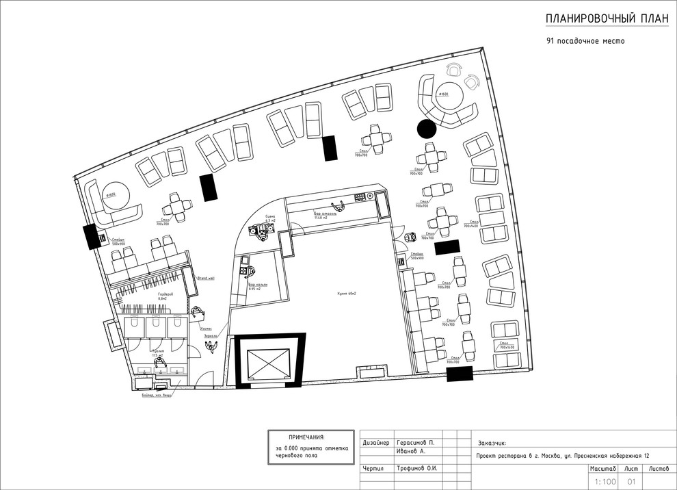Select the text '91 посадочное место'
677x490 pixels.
pos(585,41)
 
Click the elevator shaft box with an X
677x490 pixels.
pos(267,360)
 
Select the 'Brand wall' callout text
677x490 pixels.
pos(206,279)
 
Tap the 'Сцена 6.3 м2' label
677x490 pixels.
pos(269,218)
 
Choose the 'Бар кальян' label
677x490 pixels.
pos(258,286)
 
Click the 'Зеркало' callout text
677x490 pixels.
pos(211,336)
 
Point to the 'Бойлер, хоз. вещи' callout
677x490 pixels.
pos(151,396)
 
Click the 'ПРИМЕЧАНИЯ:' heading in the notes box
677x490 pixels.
pos(307,437)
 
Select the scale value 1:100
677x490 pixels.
pos(605,482)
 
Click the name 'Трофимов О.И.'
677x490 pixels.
pos(416,469)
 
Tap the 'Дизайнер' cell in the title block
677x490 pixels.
pos(376,443)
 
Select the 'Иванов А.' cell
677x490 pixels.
pos(412,452)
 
